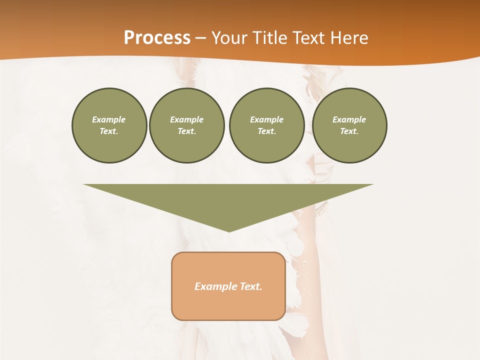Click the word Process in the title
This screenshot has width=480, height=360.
157,38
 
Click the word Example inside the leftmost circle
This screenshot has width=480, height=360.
109,119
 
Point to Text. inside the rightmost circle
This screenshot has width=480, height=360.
349,131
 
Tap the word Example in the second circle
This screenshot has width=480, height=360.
186,119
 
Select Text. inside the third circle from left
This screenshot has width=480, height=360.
266,131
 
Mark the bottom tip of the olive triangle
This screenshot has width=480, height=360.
229,230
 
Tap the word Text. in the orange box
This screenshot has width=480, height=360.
251,286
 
